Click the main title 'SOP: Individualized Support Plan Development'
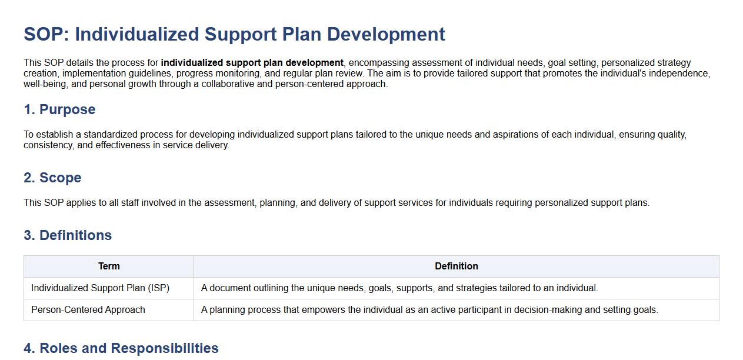(x=234, y=34)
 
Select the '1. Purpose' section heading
(x=59, y=109)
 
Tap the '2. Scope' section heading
(x=52, y=178)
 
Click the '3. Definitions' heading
(x=68, y=235)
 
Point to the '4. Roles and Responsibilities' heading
(x=121, y=348)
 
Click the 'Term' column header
(x=109, y=266)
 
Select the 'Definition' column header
(x=457, y=266)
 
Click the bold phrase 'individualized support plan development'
(x=252, y=63)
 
